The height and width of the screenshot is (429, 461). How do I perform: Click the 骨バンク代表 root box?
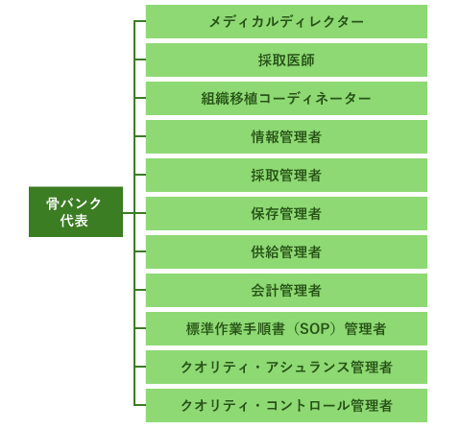click(76, 212)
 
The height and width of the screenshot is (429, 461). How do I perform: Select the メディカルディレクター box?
click(286, 21)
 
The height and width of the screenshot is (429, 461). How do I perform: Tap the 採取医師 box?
click(286, 60)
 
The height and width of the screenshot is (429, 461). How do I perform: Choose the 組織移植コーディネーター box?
click(286, 98)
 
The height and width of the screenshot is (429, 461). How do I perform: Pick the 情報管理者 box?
click(286, 136)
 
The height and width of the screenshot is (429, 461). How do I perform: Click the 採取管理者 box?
click(286, 175)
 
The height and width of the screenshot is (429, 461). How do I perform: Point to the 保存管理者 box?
click(286, 213)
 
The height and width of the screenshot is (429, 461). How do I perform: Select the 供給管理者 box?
click(286, 251)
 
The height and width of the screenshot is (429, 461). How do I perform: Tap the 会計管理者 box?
click(286, 290)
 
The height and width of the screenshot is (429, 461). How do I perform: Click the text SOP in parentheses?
click(314, 329)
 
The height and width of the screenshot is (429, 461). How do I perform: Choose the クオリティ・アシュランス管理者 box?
click(286, 367)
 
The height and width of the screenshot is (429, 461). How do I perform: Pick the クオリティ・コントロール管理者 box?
click(286, 405)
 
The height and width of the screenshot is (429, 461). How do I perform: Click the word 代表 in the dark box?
click(74, 221)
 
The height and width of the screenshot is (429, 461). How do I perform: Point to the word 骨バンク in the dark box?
click(74, 203)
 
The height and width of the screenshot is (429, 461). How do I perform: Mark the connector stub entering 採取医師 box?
click(140, 60)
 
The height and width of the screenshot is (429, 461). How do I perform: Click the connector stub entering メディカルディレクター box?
click(140, 21)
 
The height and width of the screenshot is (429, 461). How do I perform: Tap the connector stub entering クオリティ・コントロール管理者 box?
click(140, 405)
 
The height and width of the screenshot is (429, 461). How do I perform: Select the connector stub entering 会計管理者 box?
click(140, 290)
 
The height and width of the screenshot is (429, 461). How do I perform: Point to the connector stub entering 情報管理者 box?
click(140, 136)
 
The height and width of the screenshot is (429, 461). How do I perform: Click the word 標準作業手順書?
click(235, 329)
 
